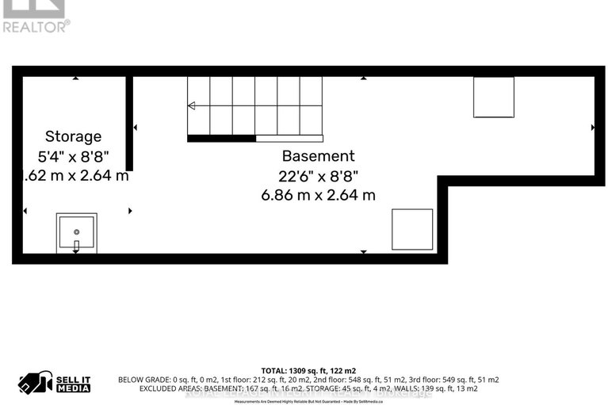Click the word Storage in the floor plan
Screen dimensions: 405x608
[x=73, y=136]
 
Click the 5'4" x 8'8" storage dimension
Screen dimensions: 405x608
[x=73, y=156]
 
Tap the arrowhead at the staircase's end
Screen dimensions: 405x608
[x=191, y=105]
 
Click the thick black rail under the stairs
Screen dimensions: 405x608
[x=221, y=138]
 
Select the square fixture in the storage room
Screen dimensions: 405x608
[x=76, y=232]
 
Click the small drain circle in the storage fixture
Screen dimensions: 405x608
[x=76, y=231]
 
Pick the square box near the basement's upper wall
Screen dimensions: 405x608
[x=493, y=97]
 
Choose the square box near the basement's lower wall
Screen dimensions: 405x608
[x=412, y=229]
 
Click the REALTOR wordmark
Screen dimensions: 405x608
[x=35, y=25]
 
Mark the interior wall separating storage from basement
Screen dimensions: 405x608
[x=129, y=123]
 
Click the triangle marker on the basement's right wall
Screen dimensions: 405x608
[x=592, y=127]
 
